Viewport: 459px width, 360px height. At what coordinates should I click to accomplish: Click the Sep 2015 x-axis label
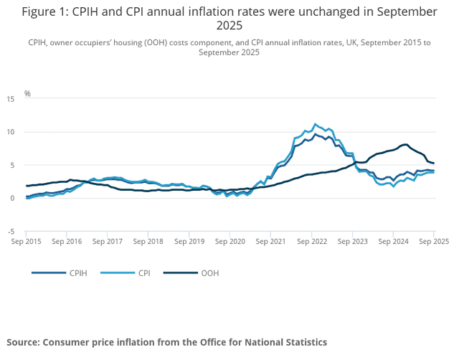tap(26, 242)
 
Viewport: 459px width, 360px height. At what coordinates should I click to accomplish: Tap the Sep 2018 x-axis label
tap(148, 242)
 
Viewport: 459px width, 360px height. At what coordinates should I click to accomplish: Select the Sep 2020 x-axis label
tap(230, 242)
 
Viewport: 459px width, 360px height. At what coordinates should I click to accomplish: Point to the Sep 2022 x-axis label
tap(312, 242)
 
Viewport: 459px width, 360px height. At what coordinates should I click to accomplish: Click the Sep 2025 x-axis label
tap(434, 242)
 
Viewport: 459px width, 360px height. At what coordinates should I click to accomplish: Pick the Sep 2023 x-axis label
tap(352, 242)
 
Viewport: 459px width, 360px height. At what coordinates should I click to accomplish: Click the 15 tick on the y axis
tap(10, 99)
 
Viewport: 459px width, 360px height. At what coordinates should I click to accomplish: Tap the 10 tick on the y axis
tap(10, 132)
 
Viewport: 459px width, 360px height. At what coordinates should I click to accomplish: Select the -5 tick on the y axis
tap(11, 232)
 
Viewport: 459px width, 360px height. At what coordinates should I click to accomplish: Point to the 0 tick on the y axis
tap(12, 199)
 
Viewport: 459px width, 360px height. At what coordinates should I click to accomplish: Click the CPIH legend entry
tap(60, 273)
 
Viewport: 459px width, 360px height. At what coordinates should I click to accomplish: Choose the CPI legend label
tap(144, 273)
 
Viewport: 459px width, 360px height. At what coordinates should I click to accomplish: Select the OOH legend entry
tap(191, 273)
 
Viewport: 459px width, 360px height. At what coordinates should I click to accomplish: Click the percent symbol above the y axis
tap(27, 94)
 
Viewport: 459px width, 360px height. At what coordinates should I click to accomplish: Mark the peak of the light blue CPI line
tap(315, 124)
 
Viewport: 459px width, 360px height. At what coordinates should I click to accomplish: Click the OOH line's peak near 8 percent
tap(405, 144)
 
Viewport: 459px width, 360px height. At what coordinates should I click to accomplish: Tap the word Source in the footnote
tap(23, 342)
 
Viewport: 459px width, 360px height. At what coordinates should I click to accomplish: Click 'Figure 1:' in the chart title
tap(45, 12)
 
